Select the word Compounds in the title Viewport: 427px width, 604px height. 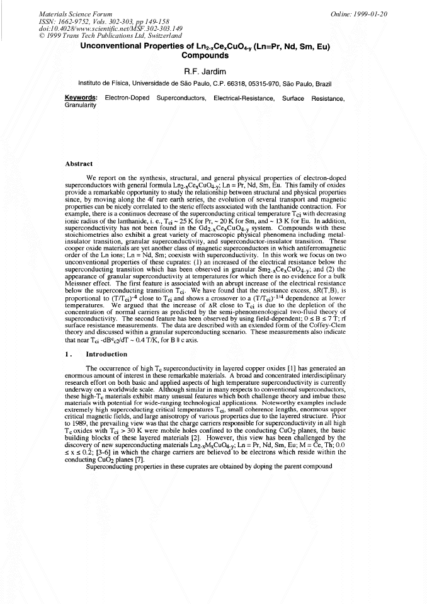click(214, 55)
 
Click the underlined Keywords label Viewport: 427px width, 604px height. click(81, 98)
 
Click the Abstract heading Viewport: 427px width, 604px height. click(80, 164)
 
